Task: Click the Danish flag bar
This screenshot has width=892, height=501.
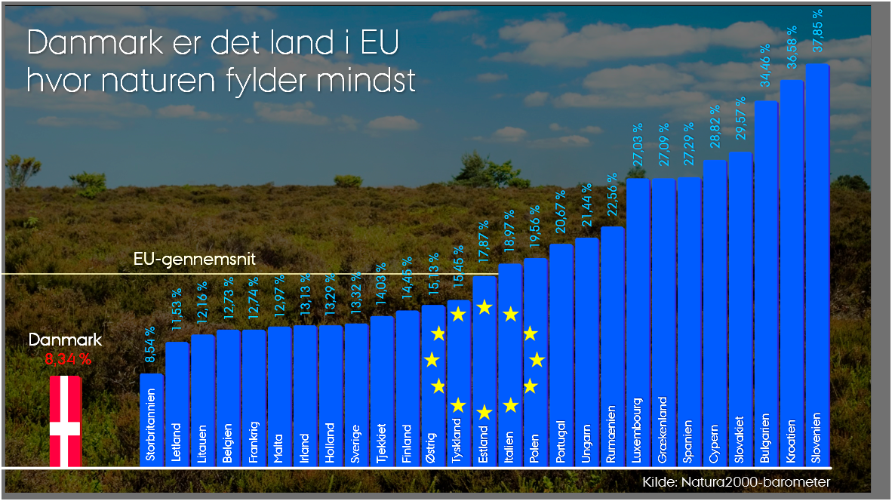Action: pos(65,420)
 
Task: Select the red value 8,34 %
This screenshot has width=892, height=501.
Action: pos(68,359)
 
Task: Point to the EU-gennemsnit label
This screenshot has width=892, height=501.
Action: pos(195,260)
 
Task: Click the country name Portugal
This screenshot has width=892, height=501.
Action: pos(560,441)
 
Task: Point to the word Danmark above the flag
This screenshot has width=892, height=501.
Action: pos(65,340)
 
